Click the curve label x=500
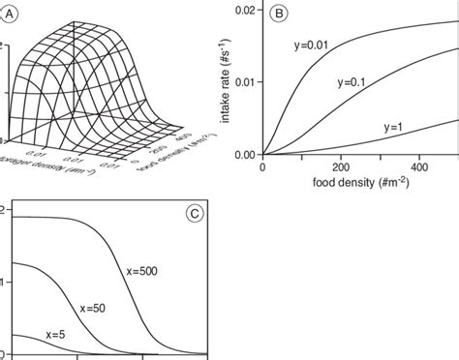tap(145, 272)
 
